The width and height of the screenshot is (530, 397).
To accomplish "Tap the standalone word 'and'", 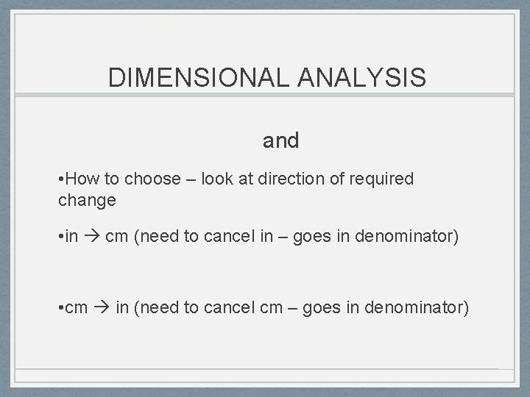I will pos(281,140).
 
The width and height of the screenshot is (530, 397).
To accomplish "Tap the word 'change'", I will pos(87,199).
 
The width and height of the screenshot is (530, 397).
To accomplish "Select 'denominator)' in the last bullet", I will pos(424,306).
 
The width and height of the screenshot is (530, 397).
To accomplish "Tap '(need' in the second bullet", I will pos(154,236).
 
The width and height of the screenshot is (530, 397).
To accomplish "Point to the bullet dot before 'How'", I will pos(60,179).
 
